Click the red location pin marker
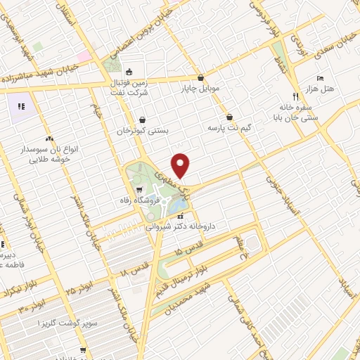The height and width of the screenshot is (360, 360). pos(181,165)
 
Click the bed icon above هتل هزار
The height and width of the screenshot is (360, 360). pos(320,77)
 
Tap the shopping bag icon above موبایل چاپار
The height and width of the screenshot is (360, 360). pos(201,78)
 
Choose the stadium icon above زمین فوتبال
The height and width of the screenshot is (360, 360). pos(129,72)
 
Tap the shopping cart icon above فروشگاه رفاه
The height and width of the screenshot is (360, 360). pos(139,189)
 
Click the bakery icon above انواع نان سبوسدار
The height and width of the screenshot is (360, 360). pos(49,139)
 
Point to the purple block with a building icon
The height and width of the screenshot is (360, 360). pos(20,107)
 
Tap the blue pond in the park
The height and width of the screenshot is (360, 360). pos(179,205)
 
